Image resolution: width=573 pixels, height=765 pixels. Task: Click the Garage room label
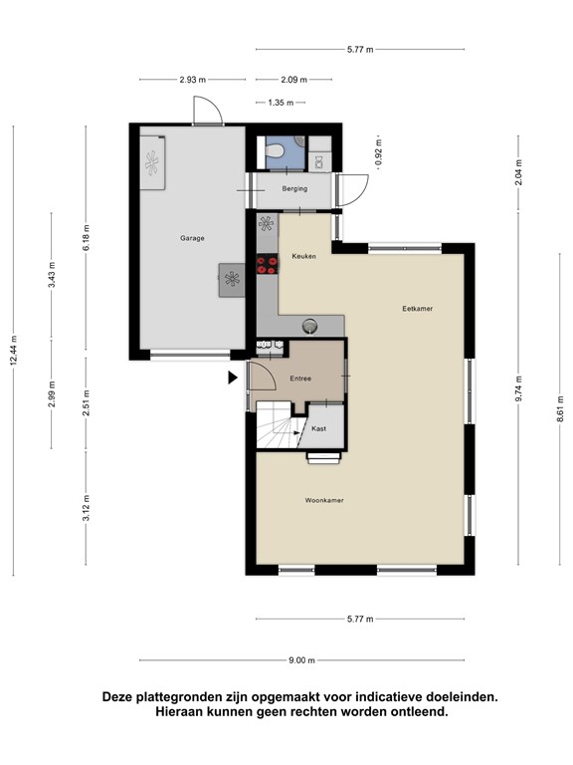click(192, 238)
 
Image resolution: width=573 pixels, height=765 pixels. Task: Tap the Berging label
click(294, 188)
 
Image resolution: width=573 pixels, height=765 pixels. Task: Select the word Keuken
click(304, 256)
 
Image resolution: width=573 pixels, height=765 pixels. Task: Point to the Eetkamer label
click(418, 309)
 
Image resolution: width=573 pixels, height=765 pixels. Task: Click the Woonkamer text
click(324, 500)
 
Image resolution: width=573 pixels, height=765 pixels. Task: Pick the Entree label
click(300, 379)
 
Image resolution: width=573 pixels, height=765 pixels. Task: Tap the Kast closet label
click(318, 428)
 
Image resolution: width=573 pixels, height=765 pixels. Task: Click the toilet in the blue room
click(275, 149)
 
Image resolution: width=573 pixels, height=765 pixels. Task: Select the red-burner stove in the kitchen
click(268, 264)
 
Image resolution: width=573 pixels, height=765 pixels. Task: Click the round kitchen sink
click(310, 325)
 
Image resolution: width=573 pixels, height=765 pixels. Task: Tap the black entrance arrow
click(233, 378)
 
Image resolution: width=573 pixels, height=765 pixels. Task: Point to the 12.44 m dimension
click(14, 351)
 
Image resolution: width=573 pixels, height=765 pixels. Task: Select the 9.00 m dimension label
click(301, 660)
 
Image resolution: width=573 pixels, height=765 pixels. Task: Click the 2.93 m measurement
click(192, 80)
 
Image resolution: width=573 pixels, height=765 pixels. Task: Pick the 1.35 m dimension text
click(281, 103)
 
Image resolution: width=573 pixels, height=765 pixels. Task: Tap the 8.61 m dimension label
click(560, 407)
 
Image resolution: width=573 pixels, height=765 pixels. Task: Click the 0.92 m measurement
click(379, 153)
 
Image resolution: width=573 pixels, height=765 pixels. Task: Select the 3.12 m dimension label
click(86, 508)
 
